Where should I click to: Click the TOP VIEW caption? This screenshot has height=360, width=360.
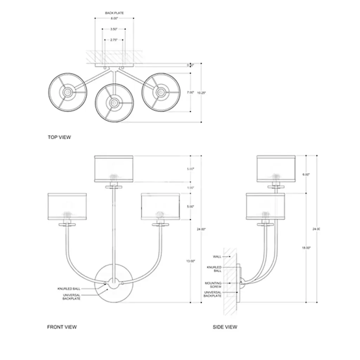pyautogui.click(x=59, y=137)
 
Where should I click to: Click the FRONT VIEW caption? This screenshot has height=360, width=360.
pyautogui.click(x=62, y=327)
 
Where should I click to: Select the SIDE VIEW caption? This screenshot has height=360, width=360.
pyautogui.click(x=225, y=327)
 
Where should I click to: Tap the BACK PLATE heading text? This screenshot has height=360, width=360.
pyautogui.click(x=114, y=13)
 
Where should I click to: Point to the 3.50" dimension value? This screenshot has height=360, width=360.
pyautogui.click(x=113, y=30)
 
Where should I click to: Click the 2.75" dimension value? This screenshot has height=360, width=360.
pyautogui.click(x=114, y=40)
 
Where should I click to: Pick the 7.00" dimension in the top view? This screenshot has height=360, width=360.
pyautogui.click(x=190, y=92)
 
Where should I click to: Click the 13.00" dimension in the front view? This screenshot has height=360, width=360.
pyautogui.click(x=191, y=261)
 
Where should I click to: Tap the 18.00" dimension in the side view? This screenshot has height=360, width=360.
pyautogui.click(x=306, y=248)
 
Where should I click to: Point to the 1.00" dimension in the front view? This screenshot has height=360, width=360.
pyautogui.click(x=191, y=188)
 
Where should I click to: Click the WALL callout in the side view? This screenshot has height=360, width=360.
pyautogui.click(x=217, y=257)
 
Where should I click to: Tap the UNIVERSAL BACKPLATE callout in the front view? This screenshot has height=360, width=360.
pyautogui.click(x=72, y=297)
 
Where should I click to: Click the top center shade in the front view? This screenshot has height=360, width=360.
pyautogui.click(x=114, y=169)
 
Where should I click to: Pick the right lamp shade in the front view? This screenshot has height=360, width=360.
pyautogui.click(x=160, y=206)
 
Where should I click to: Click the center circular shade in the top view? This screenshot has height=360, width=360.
pyautogui.click(x=113, y=103)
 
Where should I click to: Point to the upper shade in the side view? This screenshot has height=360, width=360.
pyautogui.click(x=276, y=169)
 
